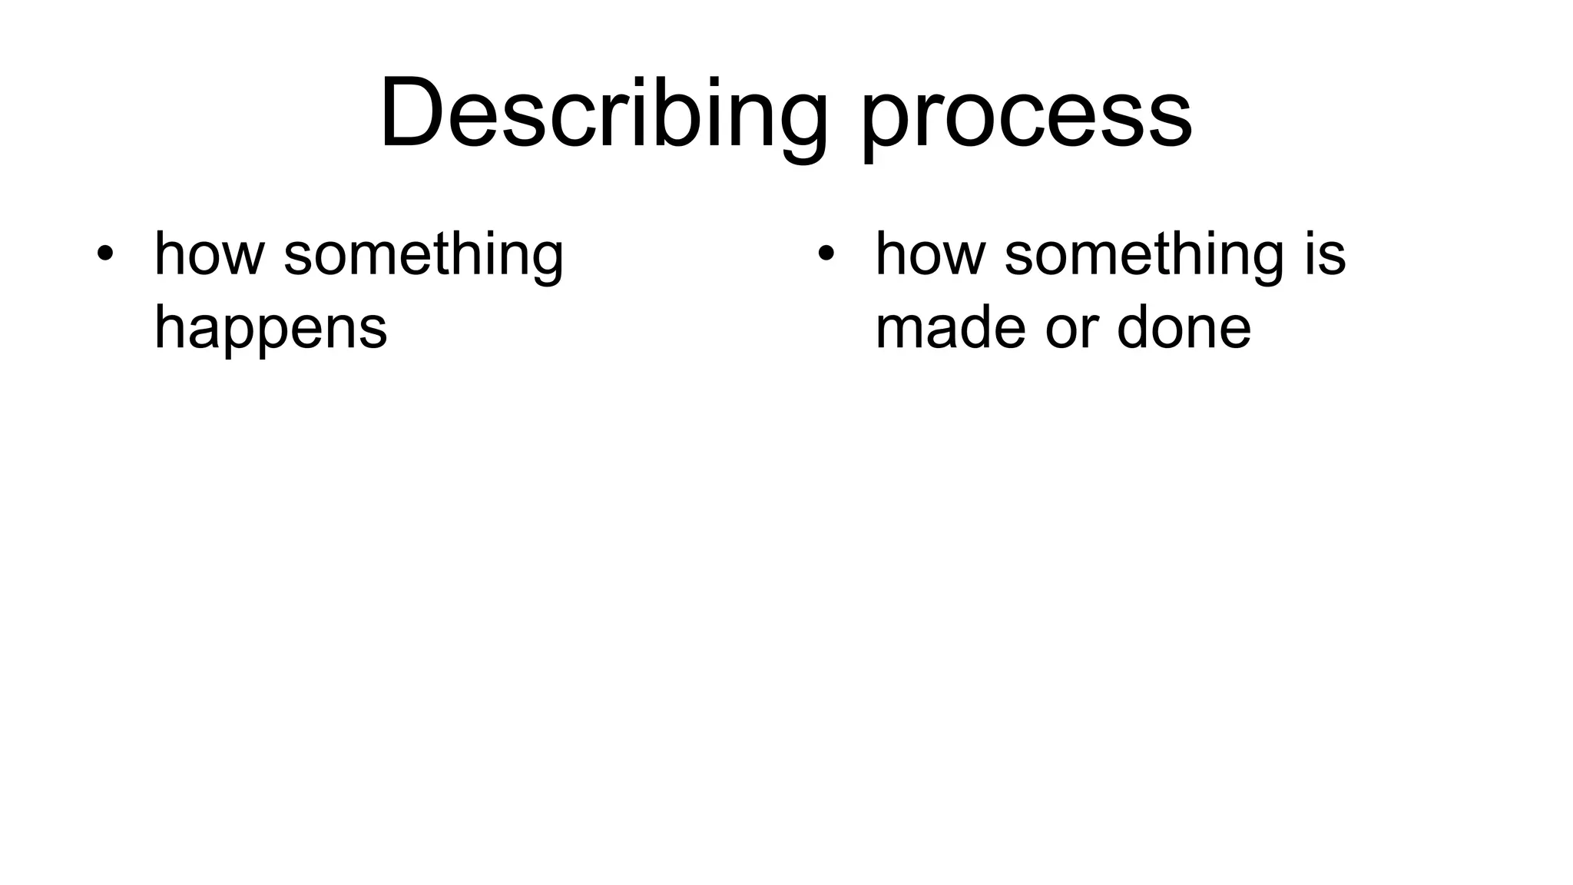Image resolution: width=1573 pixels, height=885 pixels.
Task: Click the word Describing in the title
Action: click(x=604, y=114)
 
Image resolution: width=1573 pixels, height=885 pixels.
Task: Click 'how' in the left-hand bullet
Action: click(x=208, y=254)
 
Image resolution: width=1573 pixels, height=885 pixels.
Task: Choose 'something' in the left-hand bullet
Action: click(x=424, y=255)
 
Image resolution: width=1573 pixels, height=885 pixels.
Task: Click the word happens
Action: click(x=270, y=327)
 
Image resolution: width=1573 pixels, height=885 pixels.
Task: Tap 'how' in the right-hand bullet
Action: click(x=929, y=254)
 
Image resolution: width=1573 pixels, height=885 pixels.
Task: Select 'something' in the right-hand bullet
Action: click(x=1144, y=255)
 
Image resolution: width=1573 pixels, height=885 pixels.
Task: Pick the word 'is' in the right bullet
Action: click(x=1324, y=254)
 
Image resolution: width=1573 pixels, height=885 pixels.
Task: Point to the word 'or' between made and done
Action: click(x=1071, y=329)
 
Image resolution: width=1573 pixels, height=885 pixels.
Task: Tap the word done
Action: click(x=1184, y=327)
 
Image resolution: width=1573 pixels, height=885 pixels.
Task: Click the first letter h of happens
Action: click(x=168, y=326)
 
